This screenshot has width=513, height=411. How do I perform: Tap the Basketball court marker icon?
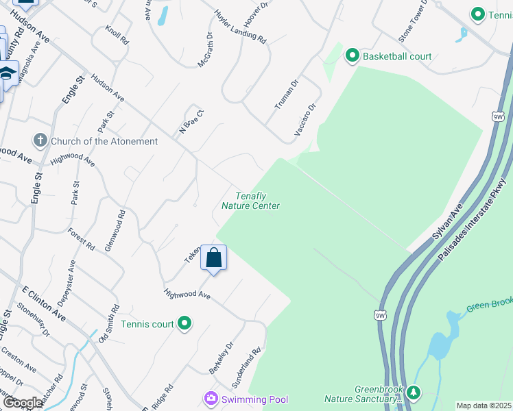353,55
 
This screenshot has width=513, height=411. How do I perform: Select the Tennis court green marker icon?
184,323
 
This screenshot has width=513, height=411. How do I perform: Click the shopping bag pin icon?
214,258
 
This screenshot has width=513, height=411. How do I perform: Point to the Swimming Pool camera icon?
211,399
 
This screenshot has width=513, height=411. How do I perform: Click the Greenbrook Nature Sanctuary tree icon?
413,393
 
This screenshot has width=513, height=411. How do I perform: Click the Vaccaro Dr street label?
307,119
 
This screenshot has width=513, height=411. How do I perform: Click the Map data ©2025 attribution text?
484,406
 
